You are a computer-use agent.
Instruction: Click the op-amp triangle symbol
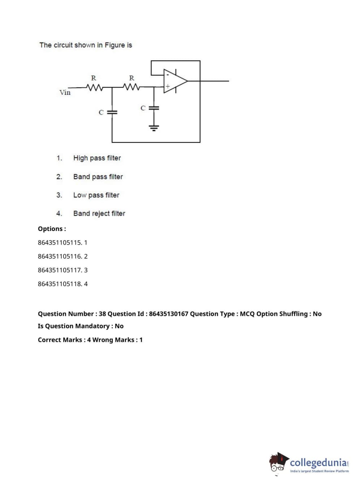tap(175, 81)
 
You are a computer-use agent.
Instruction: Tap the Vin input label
tap(65, 93)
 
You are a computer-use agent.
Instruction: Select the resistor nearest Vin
tap(94, 87)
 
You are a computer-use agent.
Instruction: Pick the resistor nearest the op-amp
tap(131, 87)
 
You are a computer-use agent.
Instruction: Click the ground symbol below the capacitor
tap(154, 127)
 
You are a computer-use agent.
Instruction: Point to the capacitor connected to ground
tap(154, 108)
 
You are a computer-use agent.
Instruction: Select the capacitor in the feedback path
tap(112, 112)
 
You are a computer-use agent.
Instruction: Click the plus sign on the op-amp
tap(167, 86)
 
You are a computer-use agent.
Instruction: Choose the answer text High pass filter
tap(97, 158)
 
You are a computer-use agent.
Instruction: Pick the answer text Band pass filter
tap(98, 177)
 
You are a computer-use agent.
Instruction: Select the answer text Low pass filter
tap(96, 195)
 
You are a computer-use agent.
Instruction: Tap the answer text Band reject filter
tap(99, 214)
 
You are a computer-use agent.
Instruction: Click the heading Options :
tap(52, 229)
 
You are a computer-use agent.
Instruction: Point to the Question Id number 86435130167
tap(169, 314)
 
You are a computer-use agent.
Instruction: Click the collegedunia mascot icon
tap(278, 463)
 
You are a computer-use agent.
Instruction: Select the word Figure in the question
tap(114, 45)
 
